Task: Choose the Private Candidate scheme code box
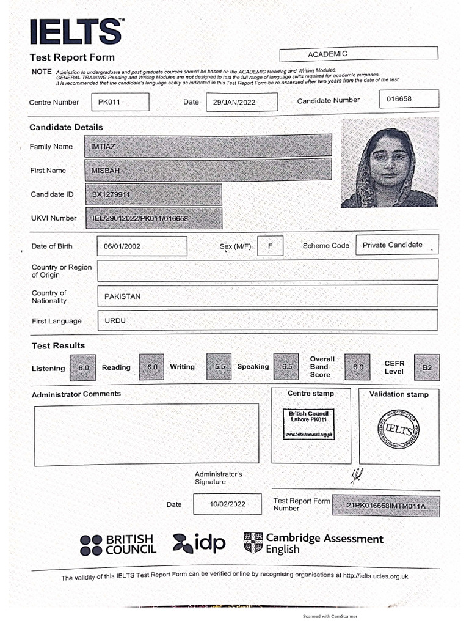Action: point(396,245)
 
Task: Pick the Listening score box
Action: point(82,368)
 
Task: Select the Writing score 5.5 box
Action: point(219,366)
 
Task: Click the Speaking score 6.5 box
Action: point(286,366)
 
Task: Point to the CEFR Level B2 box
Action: point(426,367)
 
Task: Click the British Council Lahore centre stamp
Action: point(310,425)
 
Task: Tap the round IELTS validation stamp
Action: point(398,430)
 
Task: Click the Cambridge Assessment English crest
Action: point(253,542)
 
